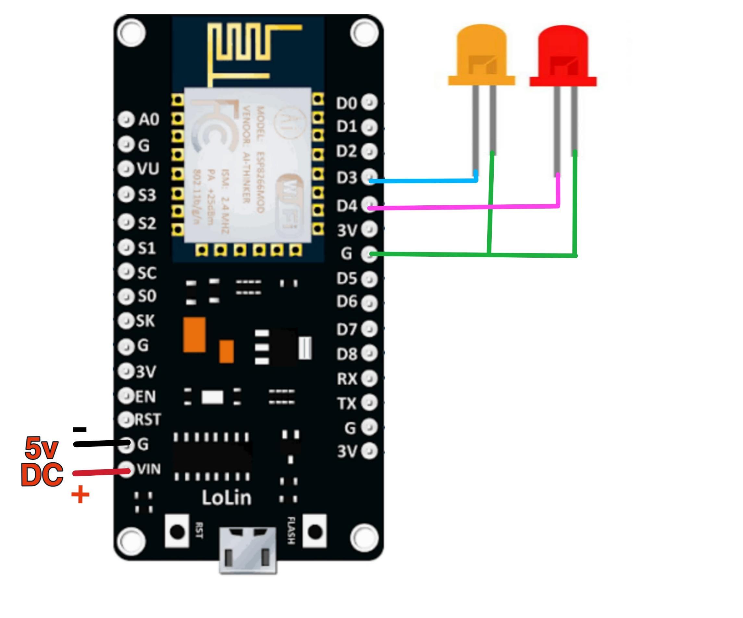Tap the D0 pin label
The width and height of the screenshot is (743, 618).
click(x=346, y=103)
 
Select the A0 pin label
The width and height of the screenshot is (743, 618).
click(x=149, y=120)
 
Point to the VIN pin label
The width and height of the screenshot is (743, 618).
click(x=149, y=469)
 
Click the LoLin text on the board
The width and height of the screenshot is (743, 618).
click(x=227, y=497)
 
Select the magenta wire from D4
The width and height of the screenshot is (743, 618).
click(x=460, y=207)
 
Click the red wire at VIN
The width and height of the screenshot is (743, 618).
click(x=101, y=472)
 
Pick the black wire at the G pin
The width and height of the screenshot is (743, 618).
click(x=101, y=444)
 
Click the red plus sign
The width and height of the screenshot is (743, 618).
click(x=80, y=495)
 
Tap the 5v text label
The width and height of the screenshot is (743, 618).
click(x=42, y=448)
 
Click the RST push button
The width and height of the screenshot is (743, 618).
click(x=177, y=532)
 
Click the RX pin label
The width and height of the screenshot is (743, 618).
click(x=347, y=379)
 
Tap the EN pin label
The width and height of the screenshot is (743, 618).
click(x=145, y=397)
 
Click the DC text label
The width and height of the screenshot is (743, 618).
click(x=42, y=475)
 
